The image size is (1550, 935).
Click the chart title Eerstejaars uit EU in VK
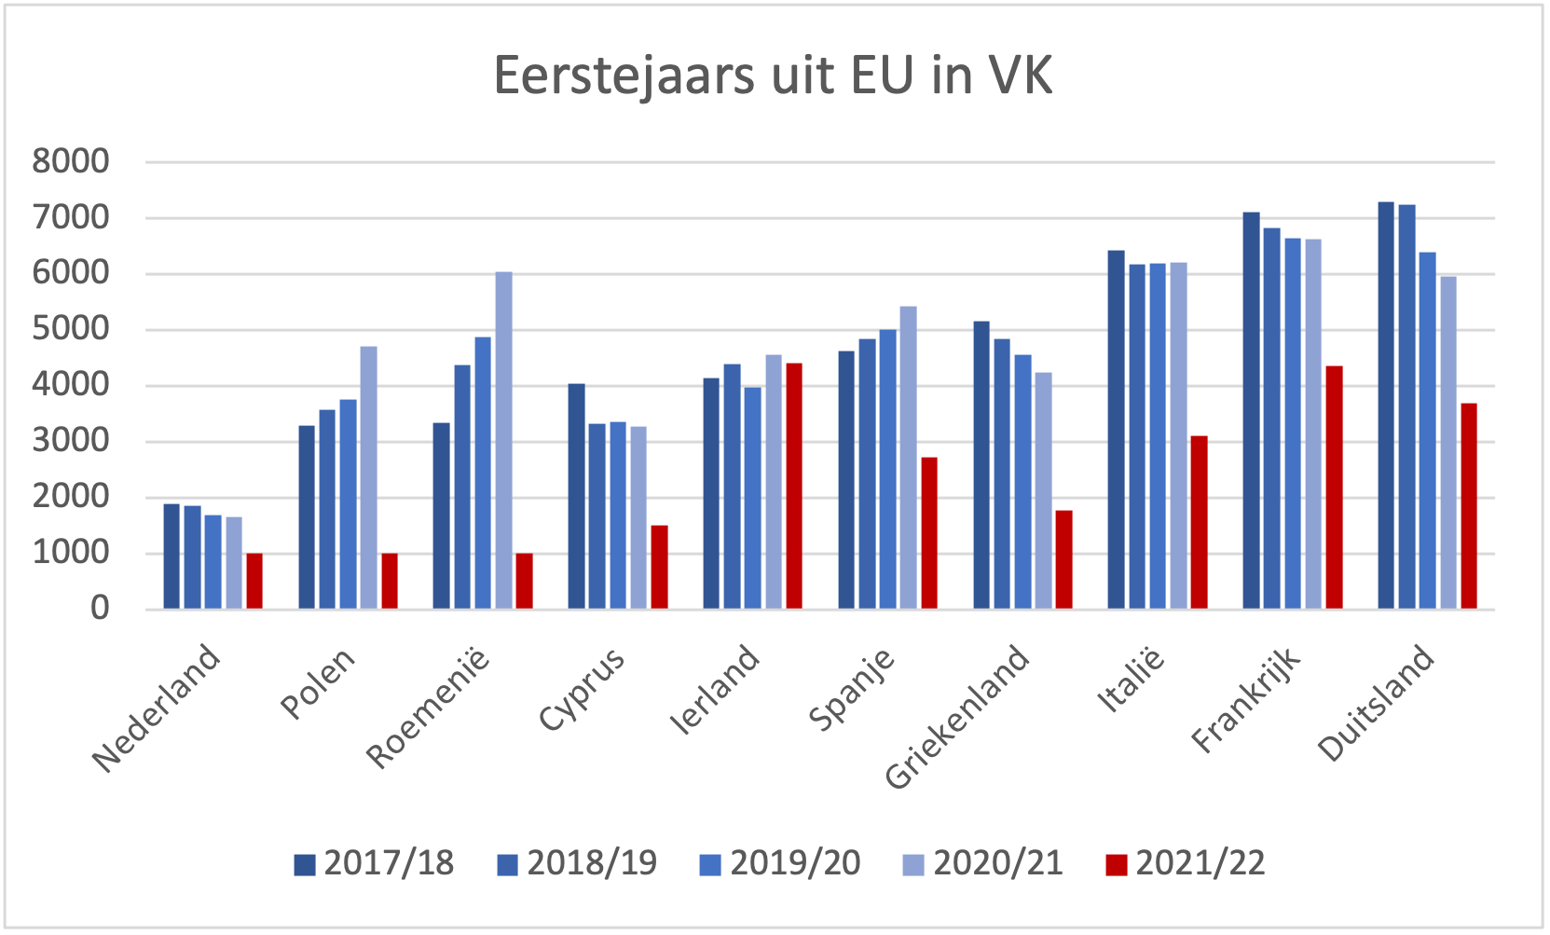pyautogui.click(x=773, y=76)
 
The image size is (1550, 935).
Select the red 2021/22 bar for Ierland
pyautogui.click(x=794, y=486)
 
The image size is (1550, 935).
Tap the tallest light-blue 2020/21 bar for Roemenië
pyautogui.click(x=503, y=440)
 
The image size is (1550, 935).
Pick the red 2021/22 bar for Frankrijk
pyautogui.click(x=1335, y=487)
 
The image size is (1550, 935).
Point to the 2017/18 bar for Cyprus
pyautogui.click(x=577, y=496)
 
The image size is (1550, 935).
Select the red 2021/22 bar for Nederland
pyautogui.click(x=254, y=581)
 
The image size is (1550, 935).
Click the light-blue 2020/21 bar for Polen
pyautogui.click(x=369, y=477)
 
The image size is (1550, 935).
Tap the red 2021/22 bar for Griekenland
pyautogui.click(x=1064, y=559)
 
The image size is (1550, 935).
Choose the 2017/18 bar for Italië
pyautogui.click(x=1117, y=430)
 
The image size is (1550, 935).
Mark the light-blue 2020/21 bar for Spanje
pyautogui.click(x=909, y=458)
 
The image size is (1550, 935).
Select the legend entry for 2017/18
pyautogui.click(x=374, y=863)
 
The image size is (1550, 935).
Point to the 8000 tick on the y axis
pyautogui.click(x=71, y=161)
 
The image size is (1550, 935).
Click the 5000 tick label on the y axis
pyautogui.click(x=71, y=329)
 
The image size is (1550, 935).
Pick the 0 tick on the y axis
pyautogui.click(x=100, y=609)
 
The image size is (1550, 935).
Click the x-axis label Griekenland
pyautogui.click(x=958, y=716)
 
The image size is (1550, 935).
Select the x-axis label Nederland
pyautogui.click(x=158, y=708)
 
